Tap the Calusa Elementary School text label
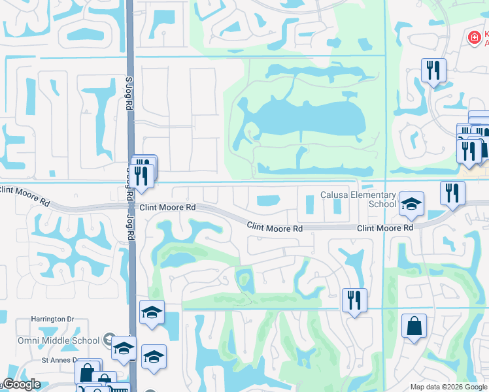[358, 199]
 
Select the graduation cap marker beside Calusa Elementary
[411, 204]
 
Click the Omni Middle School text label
[59, 340]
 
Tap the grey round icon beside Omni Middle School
[110, 340]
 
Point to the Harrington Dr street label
[53, 319]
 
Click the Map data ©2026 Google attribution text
[448, 387]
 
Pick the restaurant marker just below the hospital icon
[433, 70]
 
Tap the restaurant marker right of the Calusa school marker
[452, 193]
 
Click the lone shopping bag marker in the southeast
[414, 327]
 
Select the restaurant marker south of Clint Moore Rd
[354, 301]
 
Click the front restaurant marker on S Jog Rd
[141, 176]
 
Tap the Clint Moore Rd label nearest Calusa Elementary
[385, 228]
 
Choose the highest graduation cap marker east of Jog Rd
[152, 313]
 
